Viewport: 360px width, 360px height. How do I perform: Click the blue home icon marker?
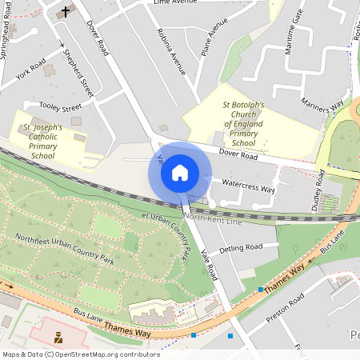click(x=180, y=172)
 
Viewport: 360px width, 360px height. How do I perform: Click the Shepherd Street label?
click(x=78, y=74)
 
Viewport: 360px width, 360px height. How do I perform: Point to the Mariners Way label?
click(x=322, y=107)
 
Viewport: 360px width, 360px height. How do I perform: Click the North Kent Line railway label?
click(x=213, y=218)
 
